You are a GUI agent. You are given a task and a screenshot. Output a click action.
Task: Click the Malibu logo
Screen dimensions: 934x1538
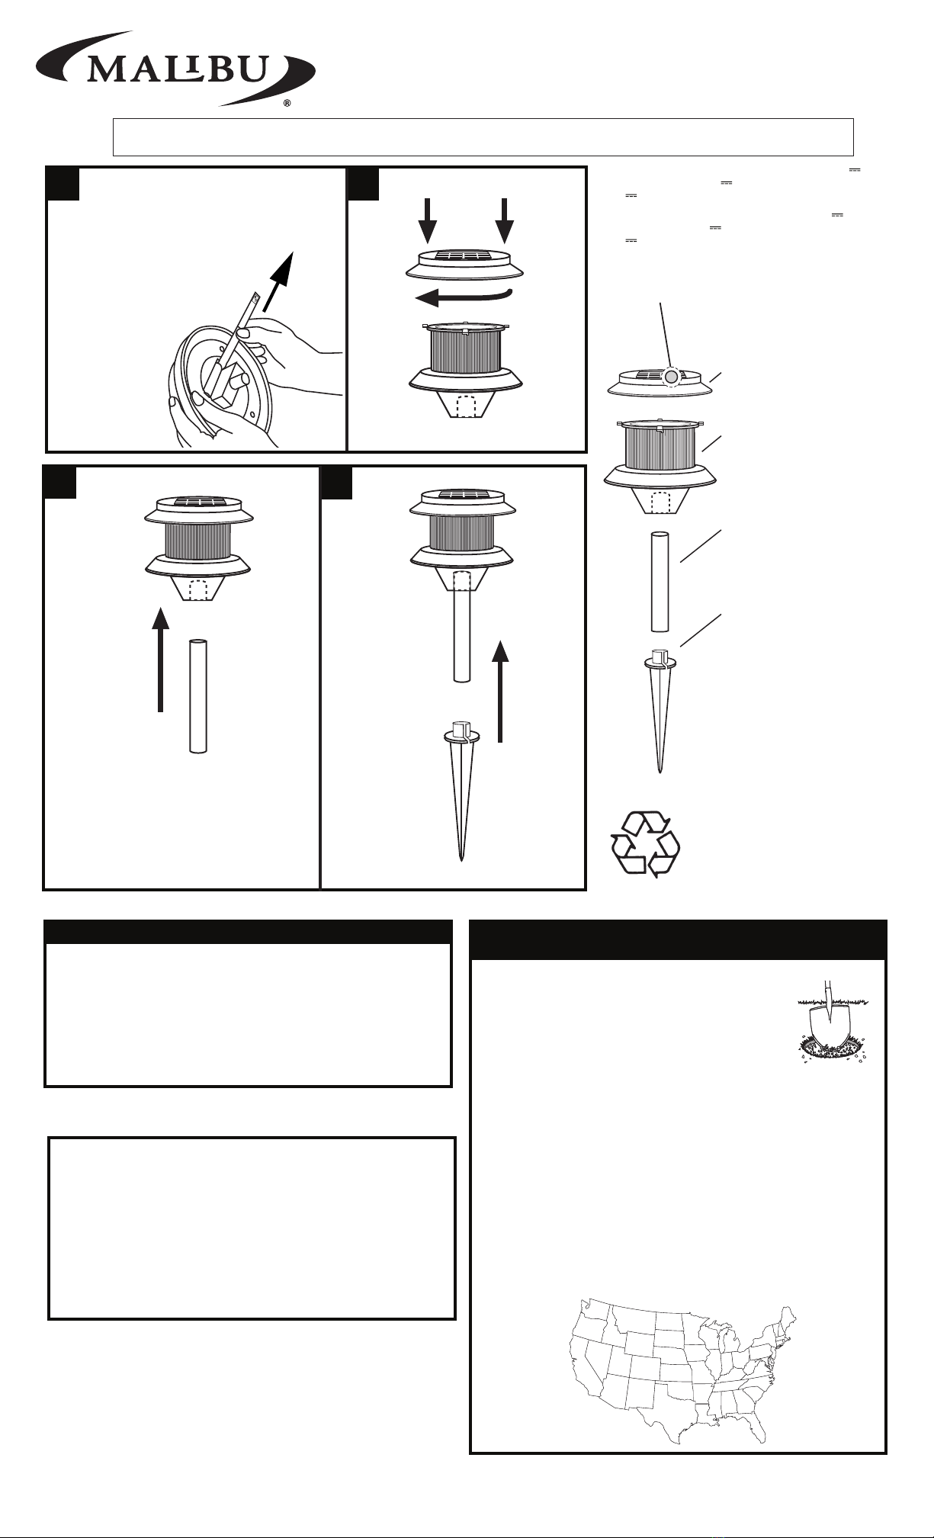[176, 68]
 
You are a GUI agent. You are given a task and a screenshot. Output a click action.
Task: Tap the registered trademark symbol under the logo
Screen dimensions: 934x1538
[287, 104]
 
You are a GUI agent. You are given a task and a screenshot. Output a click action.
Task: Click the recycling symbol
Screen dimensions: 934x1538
[645, 843]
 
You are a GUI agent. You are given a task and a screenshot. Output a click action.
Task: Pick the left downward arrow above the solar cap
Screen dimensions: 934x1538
[428, 219]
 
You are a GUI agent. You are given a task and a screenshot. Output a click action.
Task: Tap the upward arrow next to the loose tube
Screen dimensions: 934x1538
[160, 660]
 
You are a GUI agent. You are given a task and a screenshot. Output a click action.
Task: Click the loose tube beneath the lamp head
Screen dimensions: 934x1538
[198, 696]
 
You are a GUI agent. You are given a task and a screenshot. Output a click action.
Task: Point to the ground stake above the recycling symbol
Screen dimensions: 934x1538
[660, 710]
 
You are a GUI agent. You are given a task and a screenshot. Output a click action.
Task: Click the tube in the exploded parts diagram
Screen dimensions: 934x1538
[660, 582]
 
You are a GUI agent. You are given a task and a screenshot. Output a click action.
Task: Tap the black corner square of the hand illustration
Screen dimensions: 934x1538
[63, 183]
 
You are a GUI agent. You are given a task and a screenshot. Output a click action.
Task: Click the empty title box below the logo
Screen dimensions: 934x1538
[483, 137]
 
